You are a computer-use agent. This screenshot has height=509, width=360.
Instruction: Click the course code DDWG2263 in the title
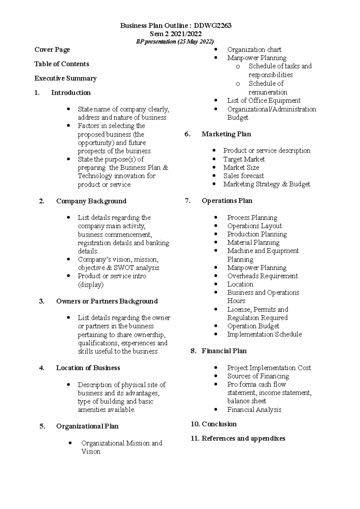[x=212, y=26]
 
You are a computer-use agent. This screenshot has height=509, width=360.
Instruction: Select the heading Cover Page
[x=52, y=50]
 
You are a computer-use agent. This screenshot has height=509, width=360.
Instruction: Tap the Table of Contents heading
[x=62, y=64]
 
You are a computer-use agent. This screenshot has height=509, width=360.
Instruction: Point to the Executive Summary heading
[x=65, y=79]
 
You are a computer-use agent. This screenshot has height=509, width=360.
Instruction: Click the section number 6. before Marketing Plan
[x=187, y=134]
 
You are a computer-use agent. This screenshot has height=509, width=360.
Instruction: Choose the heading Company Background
[x=91, y=201]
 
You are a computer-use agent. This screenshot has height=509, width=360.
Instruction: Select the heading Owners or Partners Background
[x=107, y=301]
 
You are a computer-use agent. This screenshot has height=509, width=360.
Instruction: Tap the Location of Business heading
[x=88, y=368]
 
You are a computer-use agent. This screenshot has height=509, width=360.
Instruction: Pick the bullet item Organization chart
[x=254, y=50]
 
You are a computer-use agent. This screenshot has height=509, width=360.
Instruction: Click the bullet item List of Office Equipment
[x=264, y=101]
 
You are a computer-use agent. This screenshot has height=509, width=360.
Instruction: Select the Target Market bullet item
[x=244, y=159]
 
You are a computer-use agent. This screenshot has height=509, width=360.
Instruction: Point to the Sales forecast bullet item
[x=244, y=176]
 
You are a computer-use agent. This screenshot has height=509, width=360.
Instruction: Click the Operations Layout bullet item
[x=254, y=226]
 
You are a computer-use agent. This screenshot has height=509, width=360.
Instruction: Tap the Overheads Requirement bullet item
[x=262, y=276]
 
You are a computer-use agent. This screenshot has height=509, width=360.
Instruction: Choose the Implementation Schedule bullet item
[x=264, y=335]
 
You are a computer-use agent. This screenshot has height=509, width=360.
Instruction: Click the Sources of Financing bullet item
[x=258, y=376]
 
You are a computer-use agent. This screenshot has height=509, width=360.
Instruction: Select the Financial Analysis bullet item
[x=254, y=410]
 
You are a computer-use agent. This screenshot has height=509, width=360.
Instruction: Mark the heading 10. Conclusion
[x=214, y=424]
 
